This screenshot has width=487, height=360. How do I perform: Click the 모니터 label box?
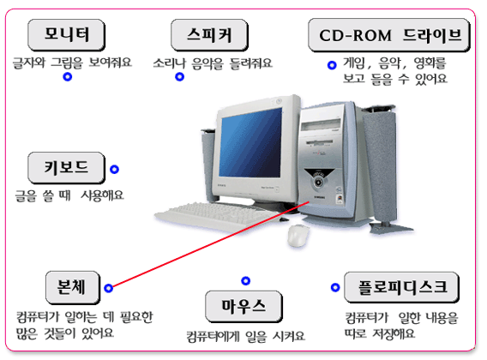tap(67, 35)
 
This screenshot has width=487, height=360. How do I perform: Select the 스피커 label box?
tap(209, 35)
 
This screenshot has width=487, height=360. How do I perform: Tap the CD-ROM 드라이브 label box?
tap(389, 35)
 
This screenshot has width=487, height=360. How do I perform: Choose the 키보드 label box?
tap(67, 168)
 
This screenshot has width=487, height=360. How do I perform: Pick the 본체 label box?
tap(73, 288)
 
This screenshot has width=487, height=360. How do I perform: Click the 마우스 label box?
tap(243, 307)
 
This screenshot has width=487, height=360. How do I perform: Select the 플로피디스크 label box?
tap(401, 287)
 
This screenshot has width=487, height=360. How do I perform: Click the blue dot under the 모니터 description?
tap(68, 77)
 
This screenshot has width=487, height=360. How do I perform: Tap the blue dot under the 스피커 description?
tap(179, 77)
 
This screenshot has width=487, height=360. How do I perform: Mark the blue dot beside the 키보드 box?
tap(114, 169)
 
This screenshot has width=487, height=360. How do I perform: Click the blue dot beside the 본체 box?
tap(108, 288)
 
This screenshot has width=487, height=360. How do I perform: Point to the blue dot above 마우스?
tap(246, 281)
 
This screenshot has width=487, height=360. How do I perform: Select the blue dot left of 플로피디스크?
tap(335, 287)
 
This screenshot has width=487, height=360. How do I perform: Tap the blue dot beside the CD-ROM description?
tap(332, 65)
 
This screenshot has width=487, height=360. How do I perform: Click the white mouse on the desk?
tap(298, 235)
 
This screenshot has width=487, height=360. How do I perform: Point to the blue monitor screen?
tap(250, 143)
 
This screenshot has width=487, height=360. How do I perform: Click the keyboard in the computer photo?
tap(218, 217)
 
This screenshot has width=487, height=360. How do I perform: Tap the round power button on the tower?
tap(318, 182)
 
